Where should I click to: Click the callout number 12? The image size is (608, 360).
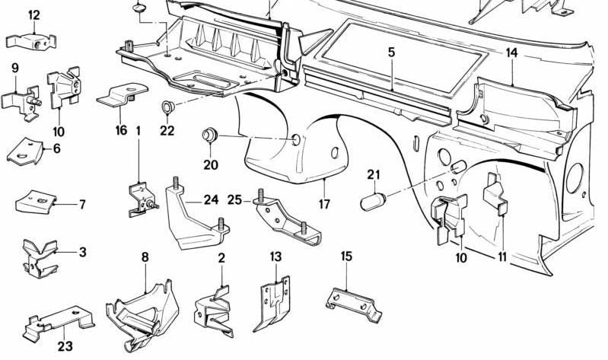(x=33, y=15)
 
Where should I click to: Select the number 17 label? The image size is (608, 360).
(x=324, y=204)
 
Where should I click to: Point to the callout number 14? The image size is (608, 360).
(x=511, y=53)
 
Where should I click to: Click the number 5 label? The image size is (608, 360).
(x=391, y=53)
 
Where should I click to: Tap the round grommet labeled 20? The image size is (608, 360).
(x=207, y=135)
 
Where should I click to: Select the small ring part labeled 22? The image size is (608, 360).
(x=167, y=106)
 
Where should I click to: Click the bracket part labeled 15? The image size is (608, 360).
(x=352, y=299)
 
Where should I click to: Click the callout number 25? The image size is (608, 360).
(x=235, y=199)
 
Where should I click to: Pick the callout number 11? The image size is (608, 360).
(x=502, y=256)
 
